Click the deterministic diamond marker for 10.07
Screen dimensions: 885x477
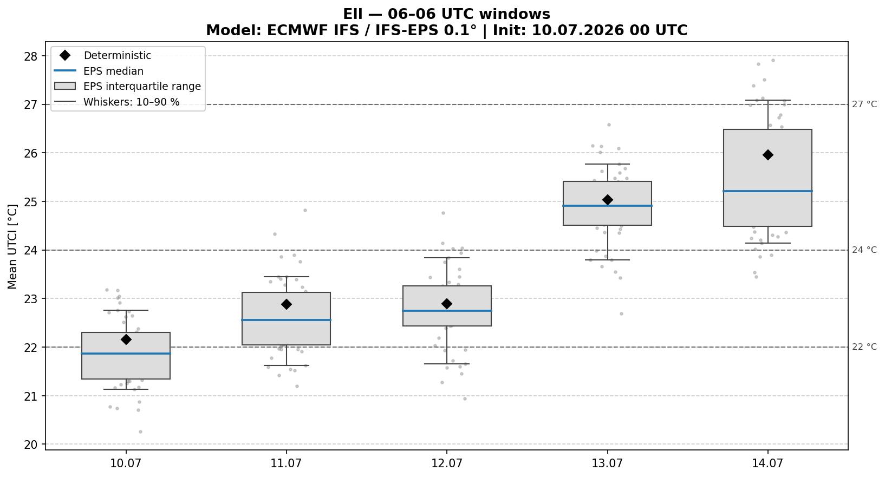pos(126,339)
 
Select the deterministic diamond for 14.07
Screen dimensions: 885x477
pos(767,155)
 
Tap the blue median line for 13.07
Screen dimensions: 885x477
pos(607,206)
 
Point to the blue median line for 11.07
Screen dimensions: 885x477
pos(286,320)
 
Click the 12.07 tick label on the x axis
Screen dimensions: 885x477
pos(447,463)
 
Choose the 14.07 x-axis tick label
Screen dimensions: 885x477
pos(767,463)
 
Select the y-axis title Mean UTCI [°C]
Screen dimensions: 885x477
pos(12,246)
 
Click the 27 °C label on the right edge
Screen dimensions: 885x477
pos(864,104)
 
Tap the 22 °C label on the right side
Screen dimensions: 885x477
pos(864,347)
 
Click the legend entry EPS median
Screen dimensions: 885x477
pos(113,71)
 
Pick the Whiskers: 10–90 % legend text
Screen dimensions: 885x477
pos(131,102)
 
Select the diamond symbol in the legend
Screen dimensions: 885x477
pos(65,55)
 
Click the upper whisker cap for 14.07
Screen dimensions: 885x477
pos(767,100)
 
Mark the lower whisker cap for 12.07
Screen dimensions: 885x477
pos(447,364)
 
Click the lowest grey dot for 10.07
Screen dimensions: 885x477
pos(140,432)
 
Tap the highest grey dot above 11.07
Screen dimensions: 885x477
pos(305,210)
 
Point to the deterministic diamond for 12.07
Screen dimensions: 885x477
pos(447,304)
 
